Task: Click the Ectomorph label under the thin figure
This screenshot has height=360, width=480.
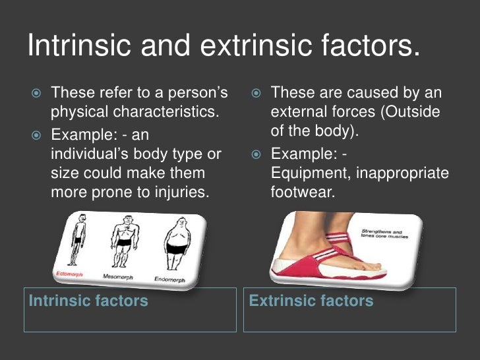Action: (68, 273)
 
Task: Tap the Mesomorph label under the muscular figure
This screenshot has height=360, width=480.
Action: (117, 277)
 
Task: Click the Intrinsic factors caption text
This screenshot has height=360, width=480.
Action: (88, 301)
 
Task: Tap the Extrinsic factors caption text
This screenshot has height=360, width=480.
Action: (311, 301)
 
